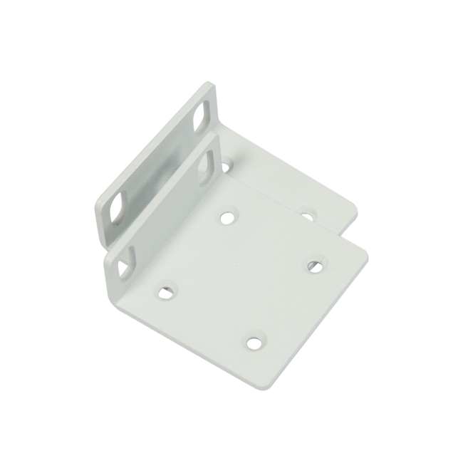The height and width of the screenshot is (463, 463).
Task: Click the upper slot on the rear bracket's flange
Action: [x=202, y=115]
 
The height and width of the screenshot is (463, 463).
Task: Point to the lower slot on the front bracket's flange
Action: [x=126, y=261]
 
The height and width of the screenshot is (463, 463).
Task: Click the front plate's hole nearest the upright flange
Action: [x=227, y=217]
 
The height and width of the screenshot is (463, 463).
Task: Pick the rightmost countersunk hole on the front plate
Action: [x=314, y=266]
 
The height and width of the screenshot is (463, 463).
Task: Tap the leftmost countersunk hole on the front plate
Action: [x=165, y=291]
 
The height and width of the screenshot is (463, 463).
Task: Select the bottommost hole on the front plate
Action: [x=254, y=343]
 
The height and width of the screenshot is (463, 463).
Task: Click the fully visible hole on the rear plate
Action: [x=307, y=213]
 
